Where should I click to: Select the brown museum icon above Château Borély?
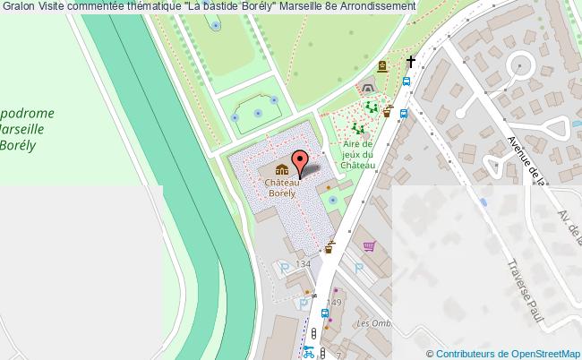[x=281, y=170]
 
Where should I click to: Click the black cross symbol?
[x=411, y=62]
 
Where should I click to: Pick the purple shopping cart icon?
[x=368, y=246]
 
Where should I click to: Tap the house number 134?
[x=303, y=264]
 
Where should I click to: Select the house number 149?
[x=334, y=303]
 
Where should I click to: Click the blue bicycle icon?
[x=309, y=352]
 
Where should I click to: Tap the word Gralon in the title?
[x=18, y=6]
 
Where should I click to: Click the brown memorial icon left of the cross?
[x=382, y=66]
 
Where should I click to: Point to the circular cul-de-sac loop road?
[x=520, y=66]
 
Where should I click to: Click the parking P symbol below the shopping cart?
[x=358, y=267]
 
